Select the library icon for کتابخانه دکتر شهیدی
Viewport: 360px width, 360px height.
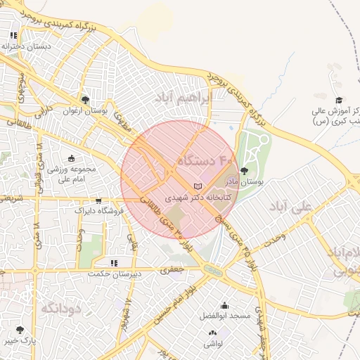197,186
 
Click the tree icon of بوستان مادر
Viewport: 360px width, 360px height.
245,170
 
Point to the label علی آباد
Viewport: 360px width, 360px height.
289,208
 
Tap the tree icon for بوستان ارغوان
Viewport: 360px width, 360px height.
85,100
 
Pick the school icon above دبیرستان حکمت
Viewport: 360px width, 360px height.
113,263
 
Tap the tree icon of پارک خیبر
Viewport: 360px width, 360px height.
19,329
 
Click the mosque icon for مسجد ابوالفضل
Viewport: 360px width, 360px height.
224,305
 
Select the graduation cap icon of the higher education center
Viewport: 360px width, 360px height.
338,100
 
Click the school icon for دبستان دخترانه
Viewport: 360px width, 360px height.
13,34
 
